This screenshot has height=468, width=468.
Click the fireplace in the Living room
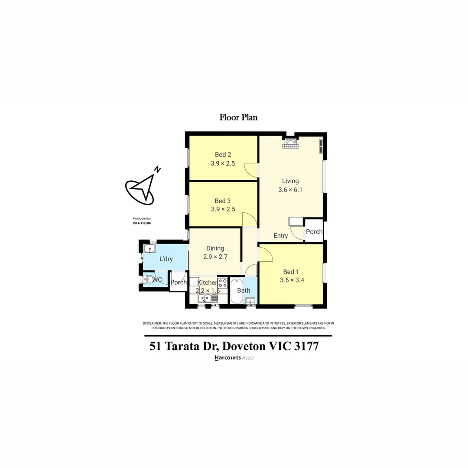tap(290, 143)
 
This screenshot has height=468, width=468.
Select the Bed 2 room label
tap(223, 155)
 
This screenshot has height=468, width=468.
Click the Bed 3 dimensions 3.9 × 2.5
tap(223, 209)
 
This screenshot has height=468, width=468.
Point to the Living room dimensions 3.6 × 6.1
tap(290, 189)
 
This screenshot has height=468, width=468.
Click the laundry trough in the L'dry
tap(149, 249)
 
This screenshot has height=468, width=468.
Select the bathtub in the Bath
tap(237, 291)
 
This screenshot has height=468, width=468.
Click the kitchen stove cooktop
tap(223, 283)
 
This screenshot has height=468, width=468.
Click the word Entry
tap(281, 236)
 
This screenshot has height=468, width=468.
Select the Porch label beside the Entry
tap(314, 231)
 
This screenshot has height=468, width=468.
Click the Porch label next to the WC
tap(178, 282)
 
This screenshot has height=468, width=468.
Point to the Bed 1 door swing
tap(266, 254)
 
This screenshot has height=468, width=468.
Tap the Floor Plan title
tap(238, 117)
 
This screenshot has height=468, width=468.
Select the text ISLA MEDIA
tap(142, 223)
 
